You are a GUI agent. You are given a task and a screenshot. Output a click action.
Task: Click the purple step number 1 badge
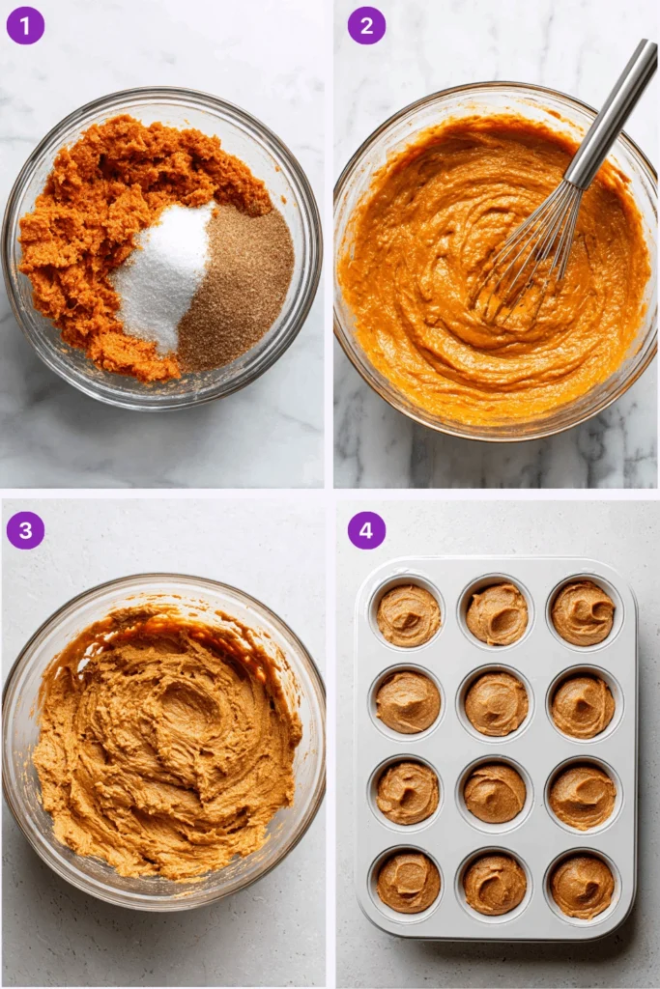tap(25, 25)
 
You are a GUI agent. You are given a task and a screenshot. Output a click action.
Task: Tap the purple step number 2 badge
tap(366, 25)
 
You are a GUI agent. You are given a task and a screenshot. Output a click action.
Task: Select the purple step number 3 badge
tap(25, 530)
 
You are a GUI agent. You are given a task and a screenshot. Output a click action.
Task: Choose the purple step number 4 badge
tap(366, 530)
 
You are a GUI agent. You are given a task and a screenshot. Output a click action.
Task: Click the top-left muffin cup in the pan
tap(408, 614)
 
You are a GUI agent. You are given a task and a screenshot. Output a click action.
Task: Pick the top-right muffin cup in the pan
tap(583, 612)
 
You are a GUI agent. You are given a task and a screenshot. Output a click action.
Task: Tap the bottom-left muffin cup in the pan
tap(408, 881)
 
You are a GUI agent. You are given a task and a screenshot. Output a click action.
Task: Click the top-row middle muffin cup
tap(497, 613)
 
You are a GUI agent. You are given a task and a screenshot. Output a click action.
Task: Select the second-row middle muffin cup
tap(496, 703)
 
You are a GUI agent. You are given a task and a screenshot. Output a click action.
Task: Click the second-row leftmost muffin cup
tap(407, 702)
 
